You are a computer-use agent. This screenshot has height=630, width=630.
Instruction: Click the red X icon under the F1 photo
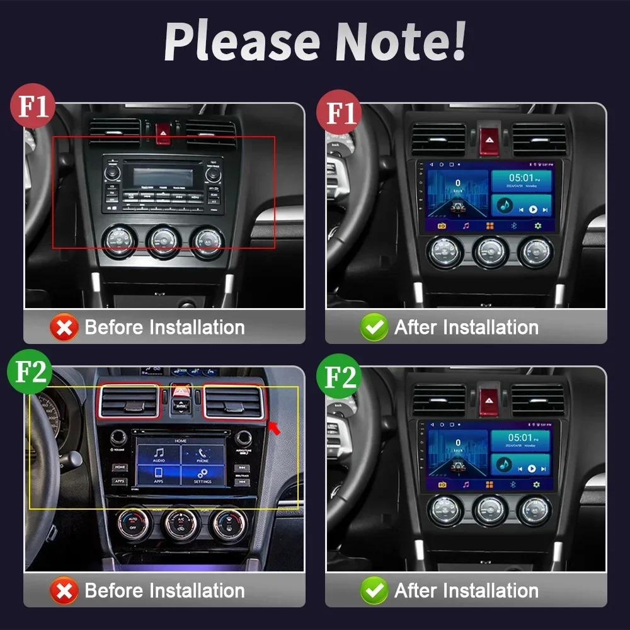64,328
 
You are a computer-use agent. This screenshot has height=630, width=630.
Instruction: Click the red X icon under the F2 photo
64,591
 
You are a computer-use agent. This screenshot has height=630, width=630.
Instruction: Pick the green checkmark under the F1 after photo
374,328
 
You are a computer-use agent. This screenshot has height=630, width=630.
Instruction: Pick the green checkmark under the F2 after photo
374,591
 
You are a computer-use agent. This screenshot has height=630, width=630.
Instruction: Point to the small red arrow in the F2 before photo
274,429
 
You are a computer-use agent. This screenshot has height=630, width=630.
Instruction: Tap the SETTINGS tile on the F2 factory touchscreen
202,476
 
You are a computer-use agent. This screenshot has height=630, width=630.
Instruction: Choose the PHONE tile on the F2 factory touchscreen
202,455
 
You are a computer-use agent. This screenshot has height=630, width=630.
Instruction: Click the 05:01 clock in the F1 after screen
522,178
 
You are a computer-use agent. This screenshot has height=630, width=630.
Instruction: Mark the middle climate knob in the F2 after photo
491,509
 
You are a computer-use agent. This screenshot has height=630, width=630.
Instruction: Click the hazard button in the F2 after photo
488,399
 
